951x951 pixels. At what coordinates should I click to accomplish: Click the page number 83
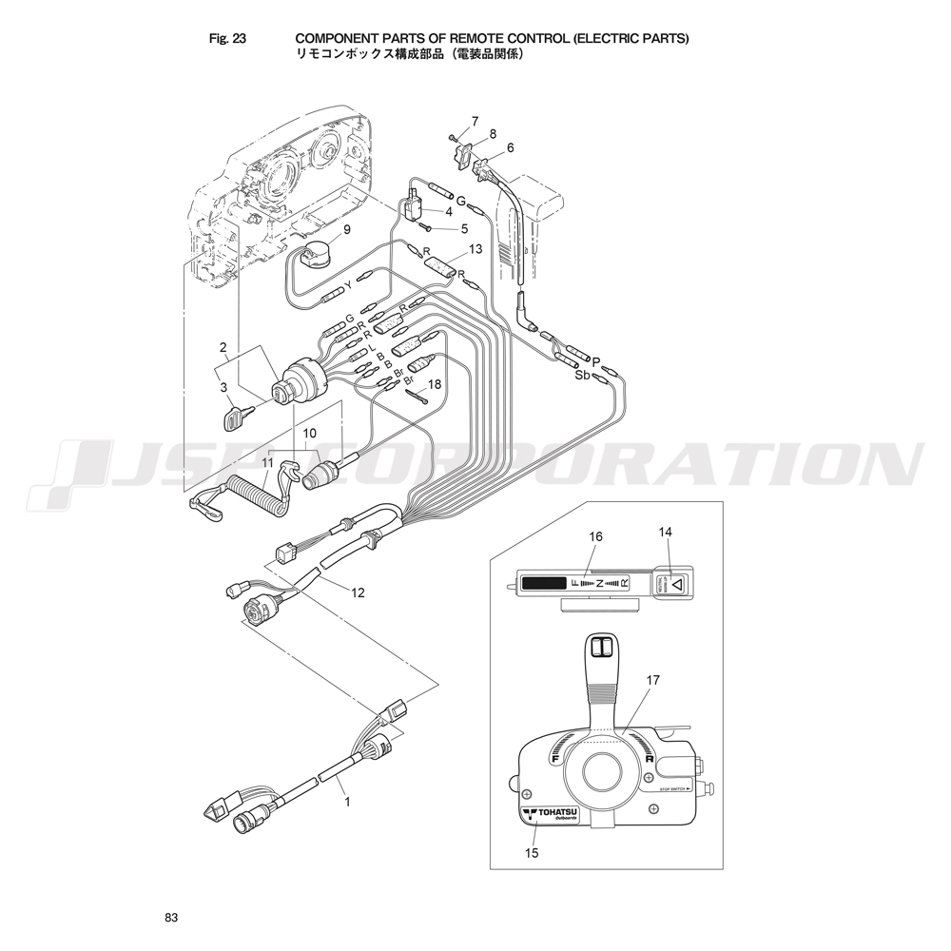[x=171, y=918]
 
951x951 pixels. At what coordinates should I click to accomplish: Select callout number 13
[x=475, y=249]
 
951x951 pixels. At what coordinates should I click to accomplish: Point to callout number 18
[x=435, y=385]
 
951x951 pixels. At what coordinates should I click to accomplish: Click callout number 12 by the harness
[x=358, y=592]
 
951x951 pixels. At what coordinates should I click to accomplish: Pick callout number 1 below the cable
[x=347, y=802]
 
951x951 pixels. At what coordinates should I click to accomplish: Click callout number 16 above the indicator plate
[x=595, y=537]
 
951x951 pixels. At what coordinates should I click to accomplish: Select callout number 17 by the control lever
[x=652, y=680]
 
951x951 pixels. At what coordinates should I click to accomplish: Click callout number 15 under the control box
[x=532, y=853]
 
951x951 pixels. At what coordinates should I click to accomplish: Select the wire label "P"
[x=596, y=361]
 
